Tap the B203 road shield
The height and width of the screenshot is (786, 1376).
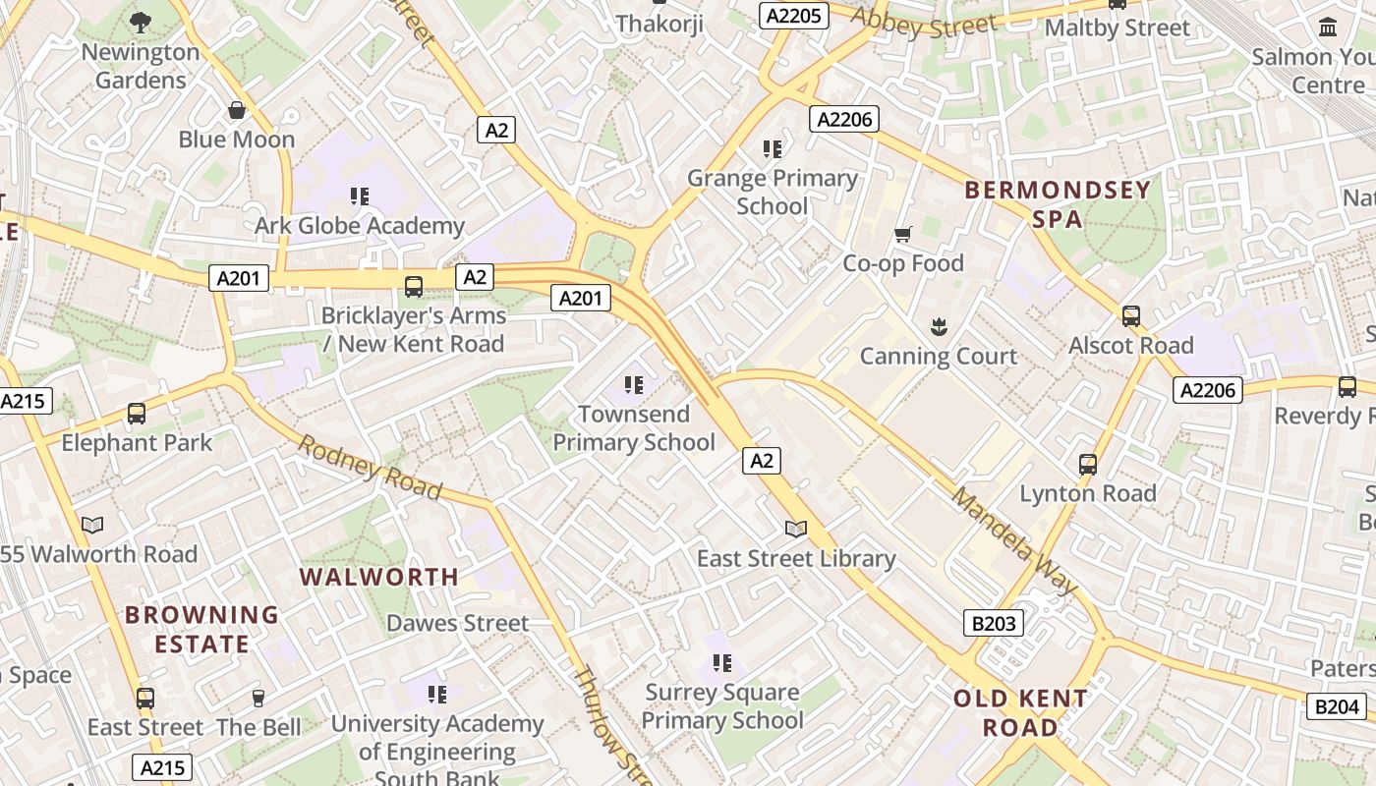(x=993, y=622)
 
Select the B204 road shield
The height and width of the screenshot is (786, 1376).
(x=1338, y=705)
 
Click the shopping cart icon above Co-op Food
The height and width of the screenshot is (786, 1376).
(x=903, y=234)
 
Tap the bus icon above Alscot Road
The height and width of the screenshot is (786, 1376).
(x=1131, y=316)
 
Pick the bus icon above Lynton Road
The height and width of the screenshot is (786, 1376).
(x=1088, y=464)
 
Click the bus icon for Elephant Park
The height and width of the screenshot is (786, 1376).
(x=137, y=414)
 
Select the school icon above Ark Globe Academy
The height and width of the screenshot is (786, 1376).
(x=360, y=196)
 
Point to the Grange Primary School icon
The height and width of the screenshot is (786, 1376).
(x=773, y=149)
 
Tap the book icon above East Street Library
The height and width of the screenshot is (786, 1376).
(x=796, y=530)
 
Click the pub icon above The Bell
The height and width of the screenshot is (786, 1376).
(x=258, y=698)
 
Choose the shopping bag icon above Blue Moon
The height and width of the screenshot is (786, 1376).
(x=237, y=110)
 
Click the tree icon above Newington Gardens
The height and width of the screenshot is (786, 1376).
(x=141, y=22)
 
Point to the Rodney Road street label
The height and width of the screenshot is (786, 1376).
(x=370, y=467)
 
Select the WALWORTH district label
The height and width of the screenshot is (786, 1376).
(x=379, y=577)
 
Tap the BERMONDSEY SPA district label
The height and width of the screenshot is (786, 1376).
(x=1058, y=203)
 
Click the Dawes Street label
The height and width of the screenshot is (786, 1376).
(x=457, y=623)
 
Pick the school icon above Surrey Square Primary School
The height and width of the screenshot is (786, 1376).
(x=722, y=663)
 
